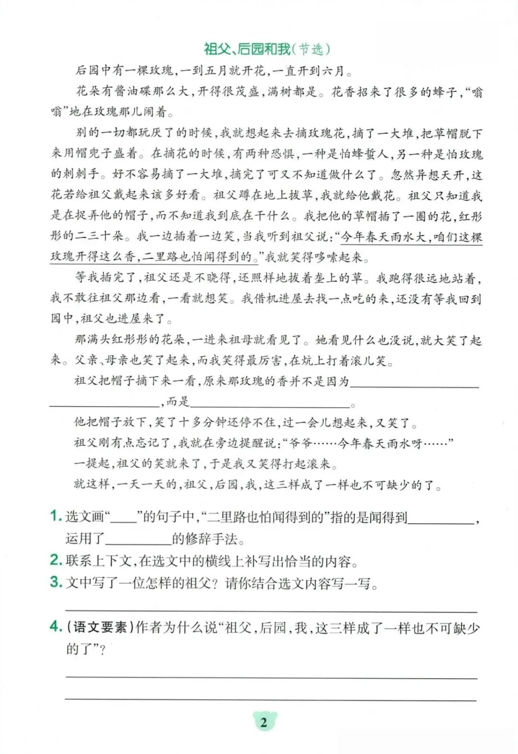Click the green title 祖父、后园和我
[247, 49]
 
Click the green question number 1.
[56, 516]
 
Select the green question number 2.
[56, 560]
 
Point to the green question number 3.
[56, 582]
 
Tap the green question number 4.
[56, 626]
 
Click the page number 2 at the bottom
[263, 722]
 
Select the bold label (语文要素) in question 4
[100, 627]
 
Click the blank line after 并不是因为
[414, 384]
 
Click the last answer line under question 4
[271, 699]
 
